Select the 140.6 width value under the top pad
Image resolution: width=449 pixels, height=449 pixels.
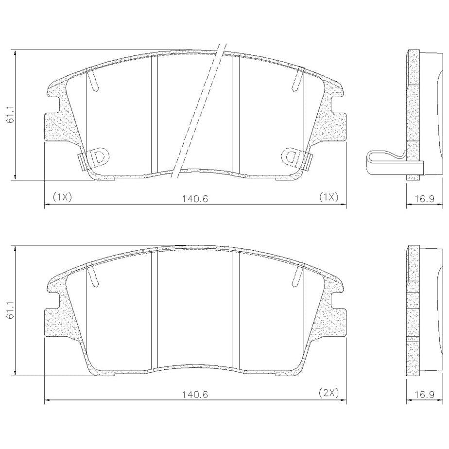coord(195,199)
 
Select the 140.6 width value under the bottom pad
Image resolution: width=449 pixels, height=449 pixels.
coord(195,394)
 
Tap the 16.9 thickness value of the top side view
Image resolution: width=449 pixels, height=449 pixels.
coord(424,199)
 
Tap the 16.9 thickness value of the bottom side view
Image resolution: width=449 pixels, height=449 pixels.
coord(424,394)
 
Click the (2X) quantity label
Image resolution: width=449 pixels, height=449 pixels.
coord(328,392)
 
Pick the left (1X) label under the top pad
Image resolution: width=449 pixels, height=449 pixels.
coord(62,197)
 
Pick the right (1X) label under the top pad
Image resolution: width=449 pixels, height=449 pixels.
coord(328,197)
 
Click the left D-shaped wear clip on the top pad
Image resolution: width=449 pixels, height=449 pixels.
coord(99,157)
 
